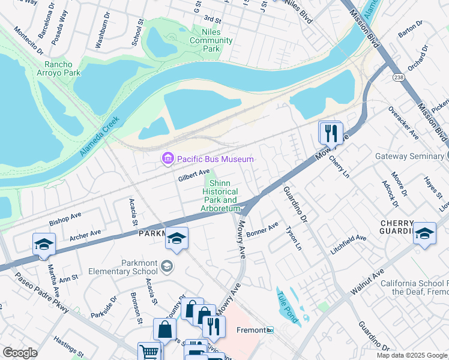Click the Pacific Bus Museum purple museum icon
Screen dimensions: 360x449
[x=167, y=159]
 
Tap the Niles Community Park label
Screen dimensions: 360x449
[x=211, y=41]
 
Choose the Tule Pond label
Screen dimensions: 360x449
[x=288, y=306]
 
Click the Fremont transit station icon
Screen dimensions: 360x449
[x=270, y=330]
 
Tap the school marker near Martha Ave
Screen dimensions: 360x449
[x=44, y=244]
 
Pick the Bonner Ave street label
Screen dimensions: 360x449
[x=262, y=229]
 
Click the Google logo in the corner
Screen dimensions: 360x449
[x=20, y=353]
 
